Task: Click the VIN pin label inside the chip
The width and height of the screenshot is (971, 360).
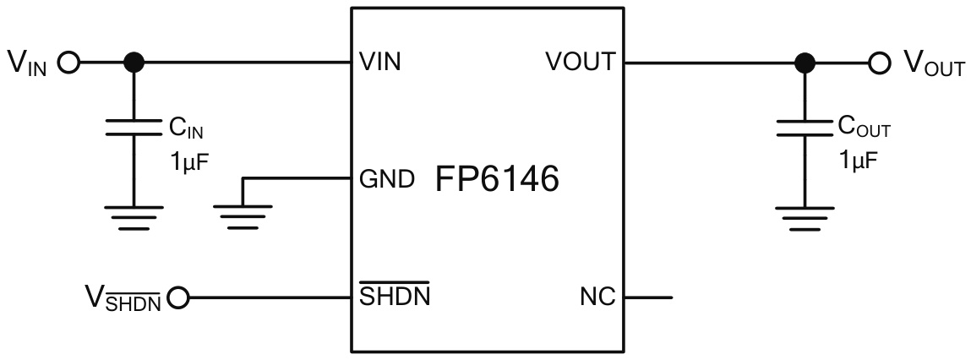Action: click(x=380, y=63)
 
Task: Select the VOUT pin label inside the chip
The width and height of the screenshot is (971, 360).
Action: click(x=580, y=63)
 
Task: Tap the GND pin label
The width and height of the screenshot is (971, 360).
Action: click(x=386, y=180)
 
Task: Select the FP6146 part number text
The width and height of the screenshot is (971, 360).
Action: click(x=498, y=179)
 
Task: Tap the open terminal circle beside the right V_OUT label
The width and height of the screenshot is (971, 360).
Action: click(x=880, y=63)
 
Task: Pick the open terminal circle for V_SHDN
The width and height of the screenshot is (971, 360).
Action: click(x=179, y=297)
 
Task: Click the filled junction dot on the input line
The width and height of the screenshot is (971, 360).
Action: click(x=133, y=63)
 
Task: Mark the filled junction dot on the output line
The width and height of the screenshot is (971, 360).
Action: click(x=805, y=63)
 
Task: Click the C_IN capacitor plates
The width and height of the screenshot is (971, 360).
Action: click(x=133, y=127)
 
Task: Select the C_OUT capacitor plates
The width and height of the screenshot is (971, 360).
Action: click(x=805, y=127)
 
